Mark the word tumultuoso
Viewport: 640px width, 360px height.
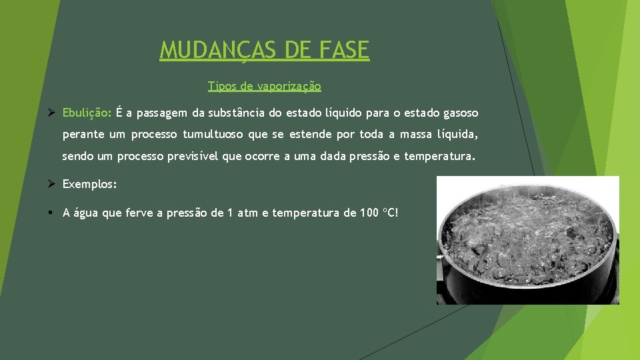(x=213, y=135)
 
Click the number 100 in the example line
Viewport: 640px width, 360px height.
(x=369, y=213)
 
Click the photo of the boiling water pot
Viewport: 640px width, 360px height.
(x=527, y=240)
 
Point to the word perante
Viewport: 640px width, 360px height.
(x=83, y=135)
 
